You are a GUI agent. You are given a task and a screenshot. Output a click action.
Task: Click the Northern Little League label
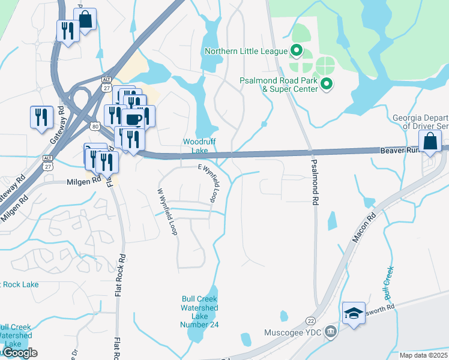pyautogui.click(x=246, y=51)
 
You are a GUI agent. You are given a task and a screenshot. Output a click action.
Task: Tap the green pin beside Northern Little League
pyautogui.click(x=296, y=50)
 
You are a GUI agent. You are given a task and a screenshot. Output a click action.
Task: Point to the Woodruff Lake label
pyautogui.click(x=195, y=146)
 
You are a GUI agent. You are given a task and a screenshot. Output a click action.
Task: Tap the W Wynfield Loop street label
pyautogui.click(x=167, y=212)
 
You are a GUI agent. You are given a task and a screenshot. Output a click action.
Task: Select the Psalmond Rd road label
pyautogui.click(x=314, y=182)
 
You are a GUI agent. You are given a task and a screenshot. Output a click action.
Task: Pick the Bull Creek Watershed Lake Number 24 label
pyautogui.click(x=199, y=311)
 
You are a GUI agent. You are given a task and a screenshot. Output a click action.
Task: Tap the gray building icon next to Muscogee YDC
pyautogui.click(x=330, y=332)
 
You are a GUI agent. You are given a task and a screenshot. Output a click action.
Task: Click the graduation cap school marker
pyautogui.click(x=354, y=313)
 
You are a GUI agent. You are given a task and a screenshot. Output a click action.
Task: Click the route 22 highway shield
pyautogui.click(x=310, y=321)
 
